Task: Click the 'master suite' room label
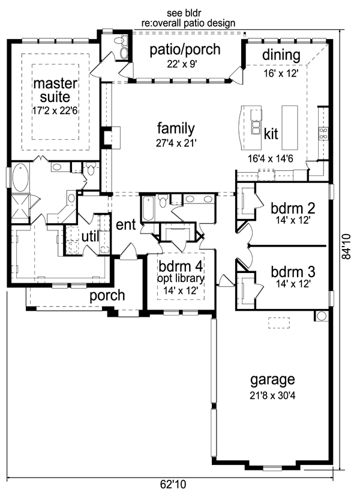click(55, 90)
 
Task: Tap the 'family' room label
click(176, 129)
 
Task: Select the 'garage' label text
click(272, 380)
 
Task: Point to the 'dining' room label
click(281, 55)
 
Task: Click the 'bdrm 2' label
click(293, 208)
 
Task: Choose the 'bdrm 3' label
click(293, 272)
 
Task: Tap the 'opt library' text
click(181, 278)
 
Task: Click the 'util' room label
click(90, 236)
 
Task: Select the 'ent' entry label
click(126, 225)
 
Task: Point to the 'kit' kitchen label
click(271, 134)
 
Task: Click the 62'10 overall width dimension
click(173, 484)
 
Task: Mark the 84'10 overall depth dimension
click(346, 247)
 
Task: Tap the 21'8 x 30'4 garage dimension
click(272, 396)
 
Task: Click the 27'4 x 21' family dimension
click(176, 143)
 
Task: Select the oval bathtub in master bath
click(20, 178)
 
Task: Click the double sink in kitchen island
click(256, 127)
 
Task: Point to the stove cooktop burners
click(323, 133)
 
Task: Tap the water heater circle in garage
click(322, 316)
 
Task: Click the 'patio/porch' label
click(185, 50)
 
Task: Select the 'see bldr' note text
click(184, 13)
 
